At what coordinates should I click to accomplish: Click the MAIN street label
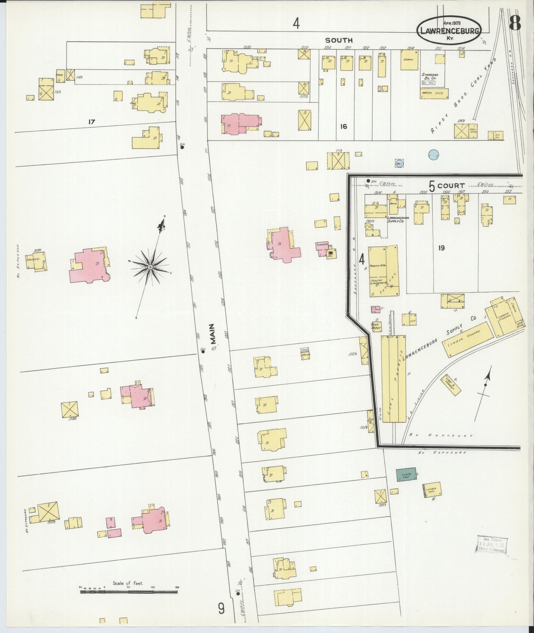pos(213,333)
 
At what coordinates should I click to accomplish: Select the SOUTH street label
pos(339,40)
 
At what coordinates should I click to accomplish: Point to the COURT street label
pos(451,186)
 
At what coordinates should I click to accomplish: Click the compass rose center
pos(150,267)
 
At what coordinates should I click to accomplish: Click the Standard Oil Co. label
pos(429,76)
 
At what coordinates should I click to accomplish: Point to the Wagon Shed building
pos(434,93)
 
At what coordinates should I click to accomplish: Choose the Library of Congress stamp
pos(492,544)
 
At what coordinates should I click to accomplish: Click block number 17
pos(92,122)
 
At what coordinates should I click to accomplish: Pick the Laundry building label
pos(322,245)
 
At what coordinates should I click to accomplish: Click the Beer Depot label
pos(376,326)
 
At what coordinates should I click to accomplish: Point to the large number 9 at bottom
pos(221,608)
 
